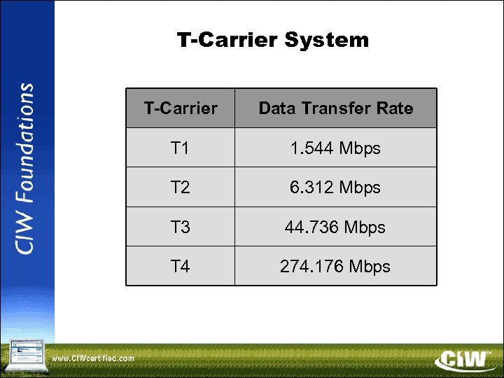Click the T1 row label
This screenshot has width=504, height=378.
pos(180,148)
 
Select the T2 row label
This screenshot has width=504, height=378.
pos(180,188)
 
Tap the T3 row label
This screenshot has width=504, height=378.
pos(180,227)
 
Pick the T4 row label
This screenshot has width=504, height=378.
pos(180,267)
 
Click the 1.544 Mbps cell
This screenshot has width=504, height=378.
pos(335,148)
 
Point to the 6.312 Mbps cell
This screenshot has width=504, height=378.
pos(335,188)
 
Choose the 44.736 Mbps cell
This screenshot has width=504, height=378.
pos(335,227)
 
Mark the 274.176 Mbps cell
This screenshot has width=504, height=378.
pos(335,267)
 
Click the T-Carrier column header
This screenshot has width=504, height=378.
pos(181,108)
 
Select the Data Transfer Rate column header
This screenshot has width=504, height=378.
pos(336,108)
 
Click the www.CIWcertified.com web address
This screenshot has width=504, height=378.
pos(93,358)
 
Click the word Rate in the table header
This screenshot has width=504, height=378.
pos(395,108)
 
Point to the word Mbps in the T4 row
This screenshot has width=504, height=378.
pos(370,267)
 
